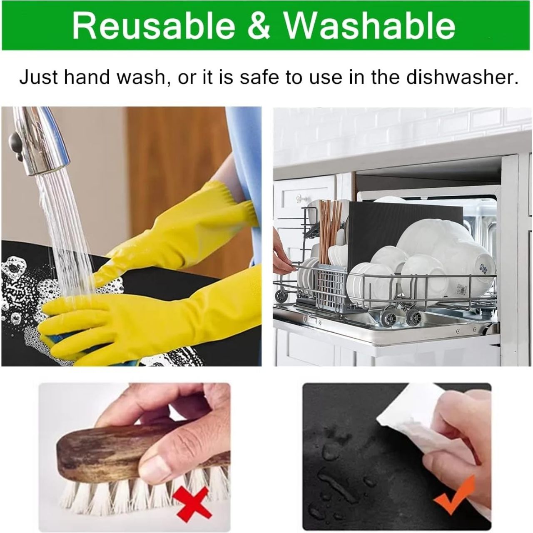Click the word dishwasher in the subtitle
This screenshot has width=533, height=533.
462,77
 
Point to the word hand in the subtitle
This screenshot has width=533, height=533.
87,77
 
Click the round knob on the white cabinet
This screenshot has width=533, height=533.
299,198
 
